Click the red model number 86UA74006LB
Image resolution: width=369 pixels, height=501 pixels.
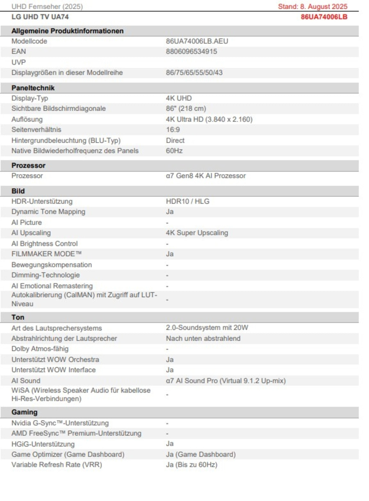[x=324, y=17]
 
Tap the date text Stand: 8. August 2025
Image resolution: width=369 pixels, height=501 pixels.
[x=312, y=7]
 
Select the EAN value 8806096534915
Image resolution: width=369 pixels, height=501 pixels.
[x=191, y=52]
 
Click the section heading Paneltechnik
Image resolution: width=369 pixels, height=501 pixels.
[x=33, y=88]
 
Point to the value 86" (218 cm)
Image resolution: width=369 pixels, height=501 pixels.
[x=186, y=109]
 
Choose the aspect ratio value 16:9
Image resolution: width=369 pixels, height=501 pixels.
[x=173, y=130]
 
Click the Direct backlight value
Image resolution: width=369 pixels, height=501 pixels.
[x=175, y=140]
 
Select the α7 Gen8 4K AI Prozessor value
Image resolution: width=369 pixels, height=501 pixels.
[x=205, y=176]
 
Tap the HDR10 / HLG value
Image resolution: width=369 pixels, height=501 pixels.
[x=188, y=202]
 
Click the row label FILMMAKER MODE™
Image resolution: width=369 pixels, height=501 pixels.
[x=43, y=254]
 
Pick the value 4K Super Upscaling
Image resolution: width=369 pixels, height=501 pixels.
[x=197, y=233]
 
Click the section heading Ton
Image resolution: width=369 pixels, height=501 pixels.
[x=18, y=317]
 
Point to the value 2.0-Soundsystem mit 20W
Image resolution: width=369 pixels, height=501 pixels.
[x=207, y=328]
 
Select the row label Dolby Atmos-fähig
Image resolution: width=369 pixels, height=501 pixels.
[x=40, y=349]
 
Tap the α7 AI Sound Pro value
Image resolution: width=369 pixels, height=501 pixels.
[x=225, y=381]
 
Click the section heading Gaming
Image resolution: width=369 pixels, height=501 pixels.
[x=24, y=412]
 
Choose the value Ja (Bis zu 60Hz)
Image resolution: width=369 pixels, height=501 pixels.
[x=191, y=465]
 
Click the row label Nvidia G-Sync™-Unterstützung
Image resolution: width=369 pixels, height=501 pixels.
[x=60, y=423]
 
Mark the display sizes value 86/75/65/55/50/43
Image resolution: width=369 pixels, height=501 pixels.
[x=194, y=73]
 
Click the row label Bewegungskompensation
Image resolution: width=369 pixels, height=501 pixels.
[x=52, y=265]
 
